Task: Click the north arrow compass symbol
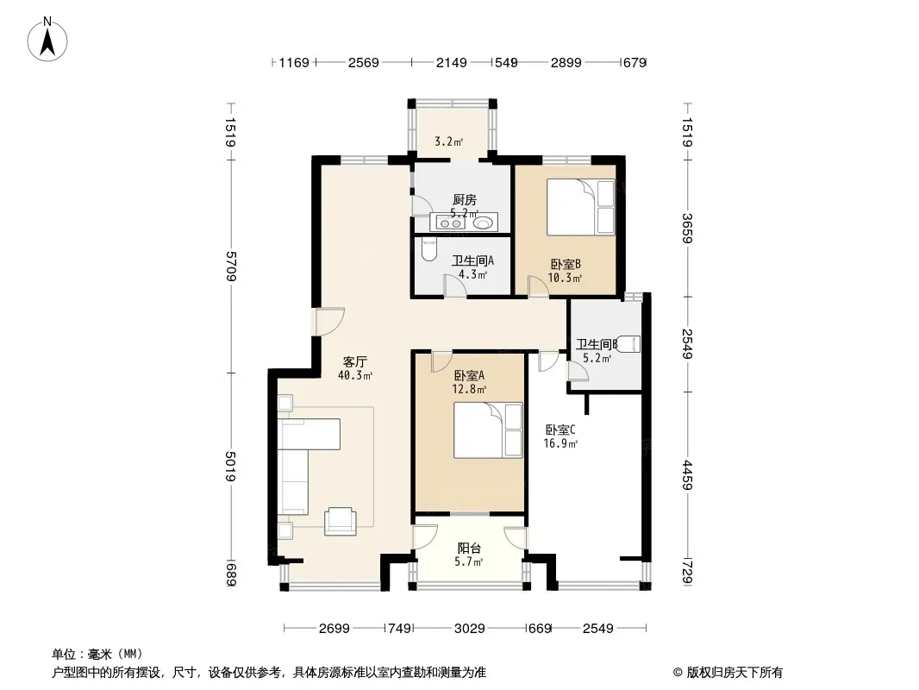coord(47,40)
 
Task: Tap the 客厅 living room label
coord(354,361)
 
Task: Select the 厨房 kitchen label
coord(464,200)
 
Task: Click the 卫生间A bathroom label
coord(472,260)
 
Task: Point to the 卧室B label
coord(565,265)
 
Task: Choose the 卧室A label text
coord(469,375)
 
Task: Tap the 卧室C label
coord(560,430)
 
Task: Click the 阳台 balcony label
coord(469,549)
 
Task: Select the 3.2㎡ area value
coord(448,141)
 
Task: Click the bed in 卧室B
coord(581,207)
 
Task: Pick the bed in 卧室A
coord(488,430)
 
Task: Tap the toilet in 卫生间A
coord(428,250)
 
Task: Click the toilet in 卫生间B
coord(630,343)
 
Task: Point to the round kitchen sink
coord(484,223)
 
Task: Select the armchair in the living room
coord(341,521)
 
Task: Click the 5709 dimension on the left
coord(231,267)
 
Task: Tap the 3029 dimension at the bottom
coord(470,629)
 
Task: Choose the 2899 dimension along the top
coord(566,62)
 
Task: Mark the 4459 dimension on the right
coord(687,475)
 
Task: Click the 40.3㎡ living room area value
coord(355,375)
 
